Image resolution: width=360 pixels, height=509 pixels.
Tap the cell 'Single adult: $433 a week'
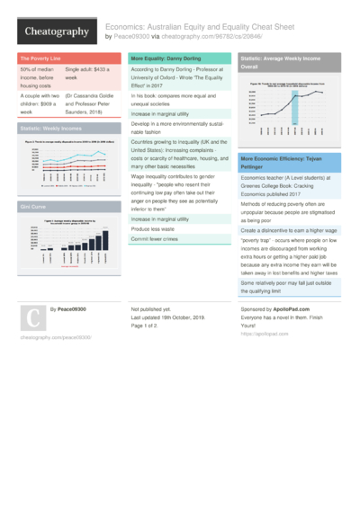(x=89, y=74)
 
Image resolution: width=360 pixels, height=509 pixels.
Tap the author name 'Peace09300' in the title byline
(x=131, y=37)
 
